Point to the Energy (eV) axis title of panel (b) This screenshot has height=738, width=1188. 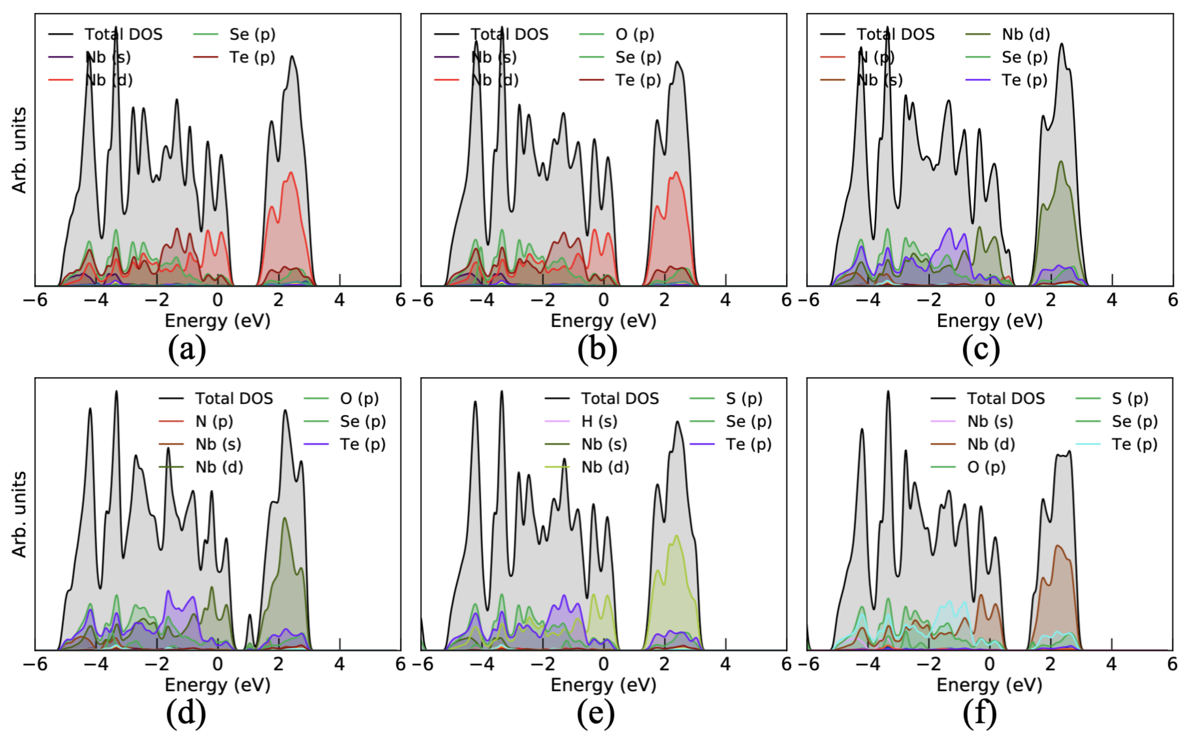tap(604, 321)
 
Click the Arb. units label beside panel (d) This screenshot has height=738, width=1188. tap(19, 514)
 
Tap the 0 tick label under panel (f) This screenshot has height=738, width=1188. tap(989, 664)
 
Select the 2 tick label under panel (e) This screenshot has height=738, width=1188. tap(665, 664)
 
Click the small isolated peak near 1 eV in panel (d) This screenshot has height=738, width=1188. tap(249, 616)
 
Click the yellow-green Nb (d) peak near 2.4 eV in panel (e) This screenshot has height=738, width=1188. tap(676, 537)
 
